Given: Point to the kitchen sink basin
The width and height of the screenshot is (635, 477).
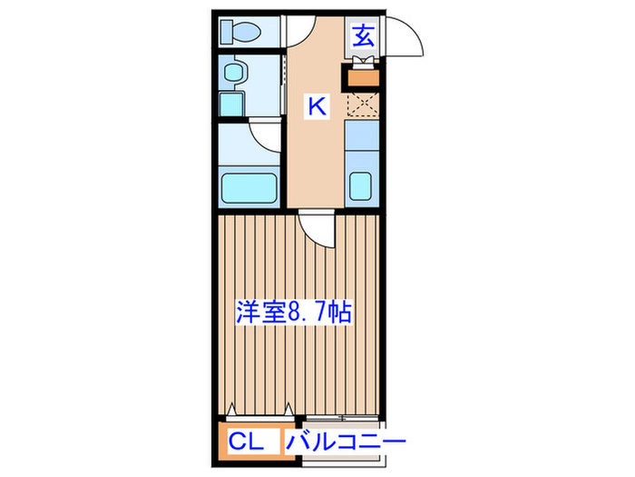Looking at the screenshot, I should (x=362, y=185).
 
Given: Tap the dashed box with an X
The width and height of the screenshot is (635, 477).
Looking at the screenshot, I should (x=361, y=105).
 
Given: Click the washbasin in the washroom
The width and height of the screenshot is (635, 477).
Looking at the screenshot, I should (x=234, y=72).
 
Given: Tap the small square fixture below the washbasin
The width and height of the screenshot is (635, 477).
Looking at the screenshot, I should (x=232, y=104).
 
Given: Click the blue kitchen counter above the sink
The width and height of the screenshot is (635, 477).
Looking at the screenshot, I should (x=361, y=145).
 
